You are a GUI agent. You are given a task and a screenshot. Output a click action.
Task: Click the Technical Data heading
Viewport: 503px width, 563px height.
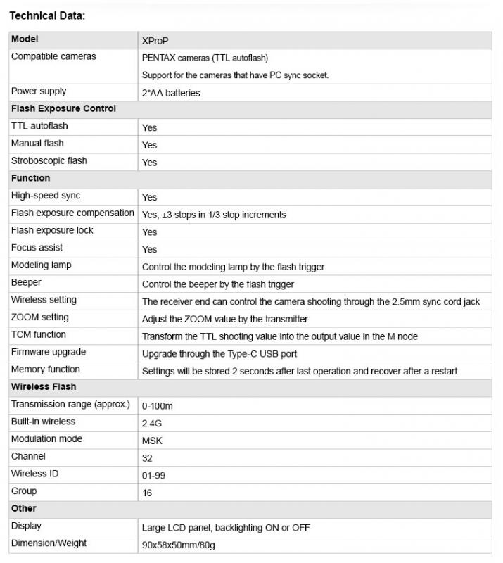(x=47, y=15)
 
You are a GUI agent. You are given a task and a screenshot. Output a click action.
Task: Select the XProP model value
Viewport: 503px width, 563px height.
(x=155, y=41)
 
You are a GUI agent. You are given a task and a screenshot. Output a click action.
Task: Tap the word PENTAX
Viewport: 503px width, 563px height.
(x=159, y=58)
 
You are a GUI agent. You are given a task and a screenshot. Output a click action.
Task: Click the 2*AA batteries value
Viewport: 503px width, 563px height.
(x=171, y=93)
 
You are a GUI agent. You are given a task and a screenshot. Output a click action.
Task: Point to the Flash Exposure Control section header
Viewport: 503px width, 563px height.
(x=63, y=109)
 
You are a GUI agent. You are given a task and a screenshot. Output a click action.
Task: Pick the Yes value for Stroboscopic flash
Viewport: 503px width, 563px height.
(x=149, y=163)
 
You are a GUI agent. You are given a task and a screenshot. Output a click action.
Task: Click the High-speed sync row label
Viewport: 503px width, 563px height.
(x=45, y=196)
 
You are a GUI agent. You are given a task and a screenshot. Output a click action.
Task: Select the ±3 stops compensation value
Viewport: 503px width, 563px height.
(x=214, y=215)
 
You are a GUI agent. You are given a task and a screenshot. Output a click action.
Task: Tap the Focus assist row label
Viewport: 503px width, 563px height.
(x=37, y=248)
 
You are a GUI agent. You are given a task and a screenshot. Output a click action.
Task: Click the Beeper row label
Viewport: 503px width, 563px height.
(x=26, y=282)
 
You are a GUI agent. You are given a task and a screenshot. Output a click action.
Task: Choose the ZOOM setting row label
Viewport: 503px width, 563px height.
(x=39, y=317)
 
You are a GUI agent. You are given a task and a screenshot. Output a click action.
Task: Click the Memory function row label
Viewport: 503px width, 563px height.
(x=45, y=369)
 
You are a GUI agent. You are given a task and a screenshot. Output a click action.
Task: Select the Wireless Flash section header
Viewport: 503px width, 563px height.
(x=44, y=387)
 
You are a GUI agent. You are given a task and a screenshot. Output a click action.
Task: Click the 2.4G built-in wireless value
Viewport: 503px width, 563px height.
(x=151, y=423)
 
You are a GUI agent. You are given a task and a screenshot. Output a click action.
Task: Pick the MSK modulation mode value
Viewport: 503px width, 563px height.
(x=151, y=441)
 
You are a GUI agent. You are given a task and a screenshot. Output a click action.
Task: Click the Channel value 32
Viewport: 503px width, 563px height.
(x=147, y=457)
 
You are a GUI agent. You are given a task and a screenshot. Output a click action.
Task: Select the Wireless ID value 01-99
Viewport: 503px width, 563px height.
(x=153, y=475)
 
